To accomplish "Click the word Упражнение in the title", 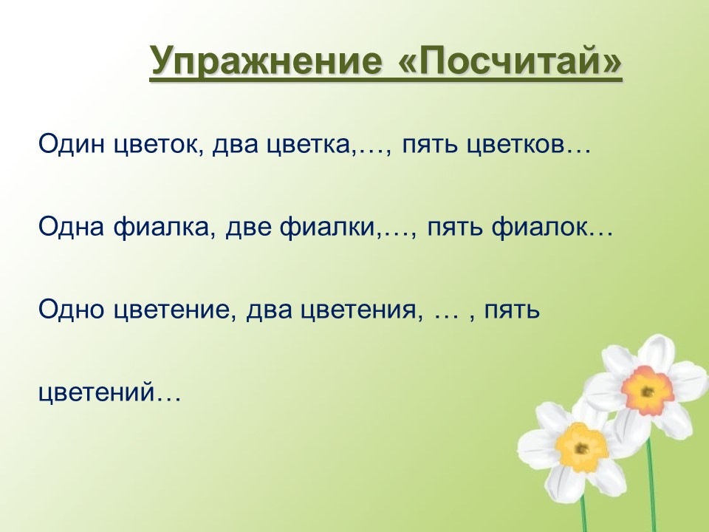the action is point(265,61).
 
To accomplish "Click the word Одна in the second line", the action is point(72,227).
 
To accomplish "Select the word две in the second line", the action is point(248,228).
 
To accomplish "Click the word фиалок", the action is point(541,228).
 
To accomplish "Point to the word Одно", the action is point(72,310).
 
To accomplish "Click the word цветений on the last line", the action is point(97,392).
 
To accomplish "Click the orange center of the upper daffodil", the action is point(647,390).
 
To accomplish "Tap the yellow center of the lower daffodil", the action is point(581,447).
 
